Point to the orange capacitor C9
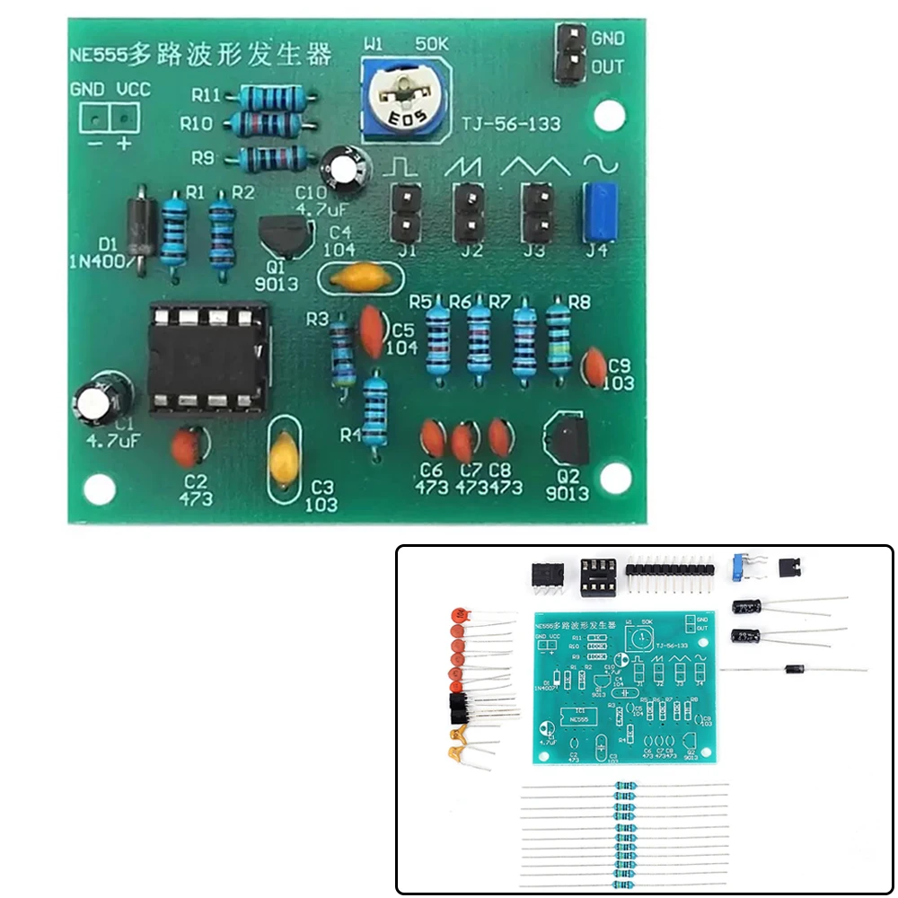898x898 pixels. [594, 365]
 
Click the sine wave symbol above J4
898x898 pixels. [597, 163]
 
